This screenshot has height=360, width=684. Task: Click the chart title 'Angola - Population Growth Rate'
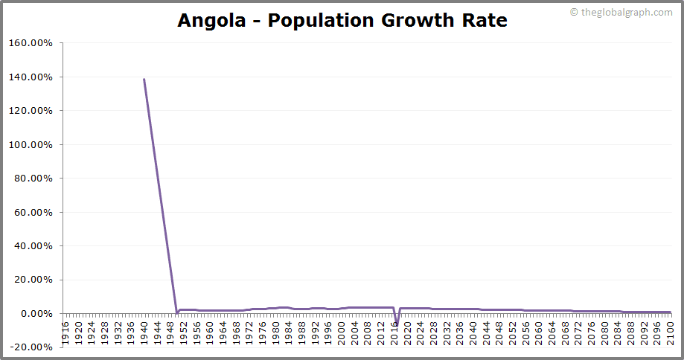pyautogui.click(x=342, y=21)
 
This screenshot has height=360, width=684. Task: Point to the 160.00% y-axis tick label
pyautogui.click(x=31, y=43)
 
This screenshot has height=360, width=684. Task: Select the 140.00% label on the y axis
pyautogui.click(x=31, y=77)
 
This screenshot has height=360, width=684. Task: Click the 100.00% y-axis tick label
pyautogui.click(x=31, y=144)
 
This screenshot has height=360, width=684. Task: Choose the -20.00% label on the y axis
pyautogui.click(x=31, y=347)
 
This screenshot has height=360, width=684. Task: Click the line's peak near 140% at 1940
pyautogui.click(x=144, y=79)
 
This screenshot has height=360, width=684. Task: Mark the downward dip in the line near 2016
pyautogui.click(x=397, y=325)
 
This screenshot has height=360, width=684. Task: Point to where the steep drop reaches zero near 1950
pyautogui.click(x=176, y=312)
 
